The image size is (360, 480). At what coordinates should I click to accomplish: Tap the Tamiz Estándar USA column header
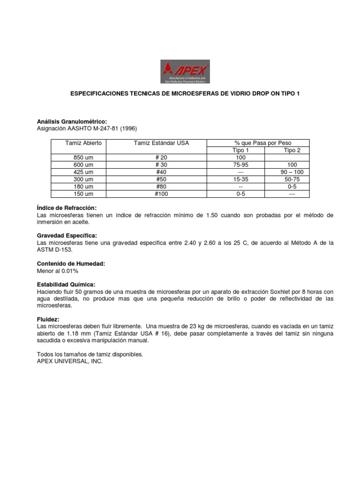click(161, 142)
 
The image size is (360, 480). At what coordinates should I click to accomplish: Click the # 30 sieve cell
click(161, 165)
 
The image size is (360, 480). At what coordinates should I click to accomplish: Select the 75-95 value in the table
click(241, 165)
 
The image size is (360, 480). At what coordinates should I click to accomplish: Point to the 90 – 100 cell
click(292, 172)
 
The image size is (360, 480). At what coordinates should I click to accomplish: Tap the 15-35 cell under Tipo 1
click(241, 180)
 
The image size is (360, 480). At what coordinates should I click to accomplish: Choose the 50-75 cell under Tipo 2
click(292, 180)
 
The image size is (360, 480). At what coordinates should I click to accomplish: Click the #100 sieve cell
click(161, 194)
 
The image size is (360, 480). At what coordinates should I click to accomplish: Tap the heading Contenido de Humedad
click(71, 264)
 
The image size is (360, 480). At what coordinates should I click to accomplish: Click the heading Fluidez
click(48, 319)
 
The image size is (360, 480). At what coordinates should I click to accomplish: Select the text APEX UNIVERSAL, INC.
click(69, 361)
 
